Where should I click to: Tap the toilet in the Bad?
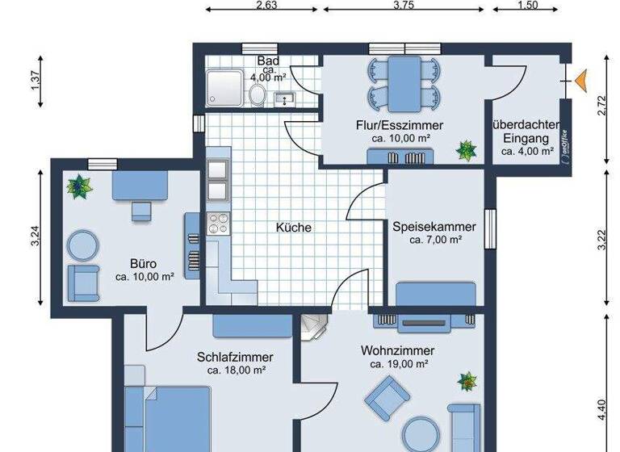[x=258, y=94]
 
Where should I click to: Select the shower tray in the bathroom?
[x=221, y=88]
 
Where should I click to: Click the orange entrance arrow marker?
[x=580, y=77]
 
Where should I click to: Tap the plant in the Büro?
[x=79, y=187]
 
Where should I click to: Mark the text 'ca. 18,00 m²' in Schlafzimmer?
[x=236, y=370]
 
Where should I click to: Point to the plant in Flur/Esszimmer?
[x=466, y=149]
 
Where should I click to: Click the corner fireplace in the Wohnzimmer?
[x=314, y=327]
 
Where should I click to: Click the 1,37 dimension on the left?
[x=36, y=89]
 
